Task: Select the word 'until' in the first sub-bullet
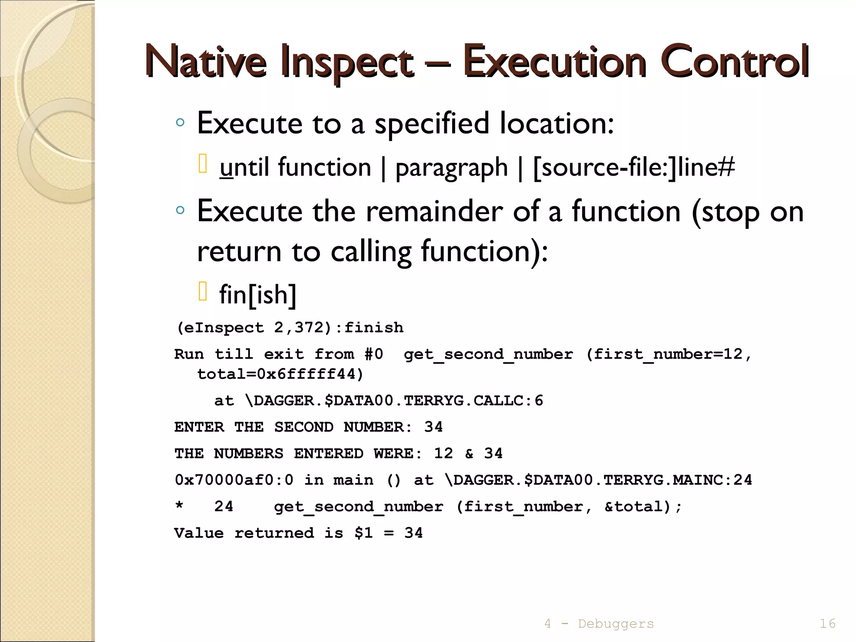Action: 244,167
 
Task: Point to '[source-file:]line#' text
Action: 634,167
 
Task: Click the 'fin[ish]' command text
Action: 258,295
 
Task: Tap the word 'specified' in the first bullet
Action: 431,124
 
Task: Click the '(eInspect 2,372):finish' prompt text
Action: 290,328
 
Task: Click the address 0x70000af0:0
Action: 234,480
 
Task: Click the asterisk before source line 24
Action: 179,506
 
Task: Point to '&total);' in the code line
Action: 643,507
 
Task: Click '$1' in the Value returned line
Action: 363,533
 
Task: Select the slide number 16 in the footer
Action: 827,624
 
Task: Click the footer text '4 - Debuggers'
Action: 599,624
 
